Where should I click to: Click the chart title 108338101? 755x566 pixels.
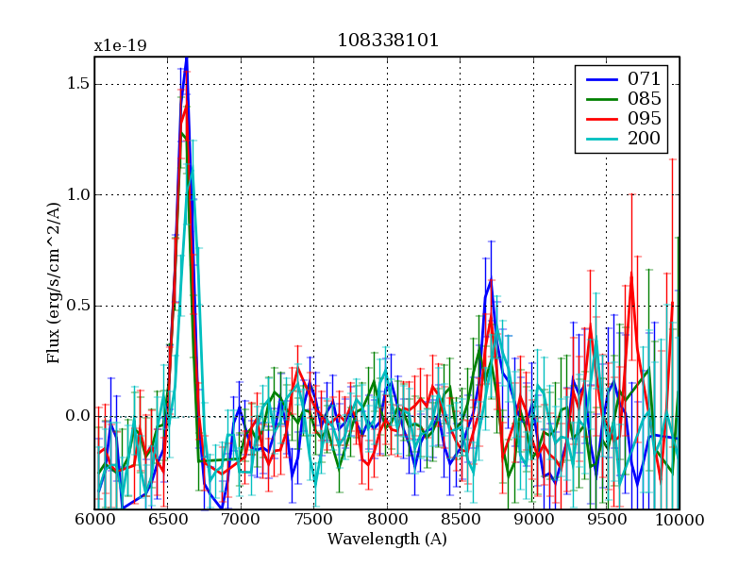pyautogui.click(x=387, y=41)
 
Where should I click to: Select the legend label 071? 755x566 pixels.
pyautogui.click(x=644, y=78)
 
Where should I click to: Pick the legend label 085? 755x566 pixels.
pyautogui.click(x=644, y=98)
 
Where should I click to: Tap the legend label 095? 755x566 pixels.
pyautogui.click(x=644, y=119)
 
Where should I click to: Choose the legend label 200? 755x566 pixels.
pyautogui.click(x=644, y=140)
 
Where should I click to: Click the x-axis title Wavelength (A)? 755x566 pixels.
pyautogui.click(x=387, y=540)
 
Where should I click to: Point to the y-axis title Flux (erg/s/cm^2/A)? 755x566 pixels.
pyautogui.click(x=54, y=283)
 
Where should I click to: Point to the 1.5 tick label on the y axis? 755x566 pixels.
pyautogui.click(x=78, y=84)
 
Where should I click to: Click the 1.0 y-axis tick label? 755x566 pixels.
pyautogui.click(x=78, y=194)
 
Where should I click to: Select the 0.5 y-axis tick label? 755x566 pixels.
pyautogui.click(x=78, y=306)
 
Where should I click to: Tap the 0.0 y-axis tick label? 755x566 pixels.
pyautogui.click(x=78, y=416)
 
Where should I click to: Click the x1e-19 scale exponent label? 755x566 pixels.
pyautogui.click(x=120, y=45)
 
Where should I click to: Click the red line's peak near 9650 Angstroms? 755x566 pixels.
pyautogui.click(x=630, y=273)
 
